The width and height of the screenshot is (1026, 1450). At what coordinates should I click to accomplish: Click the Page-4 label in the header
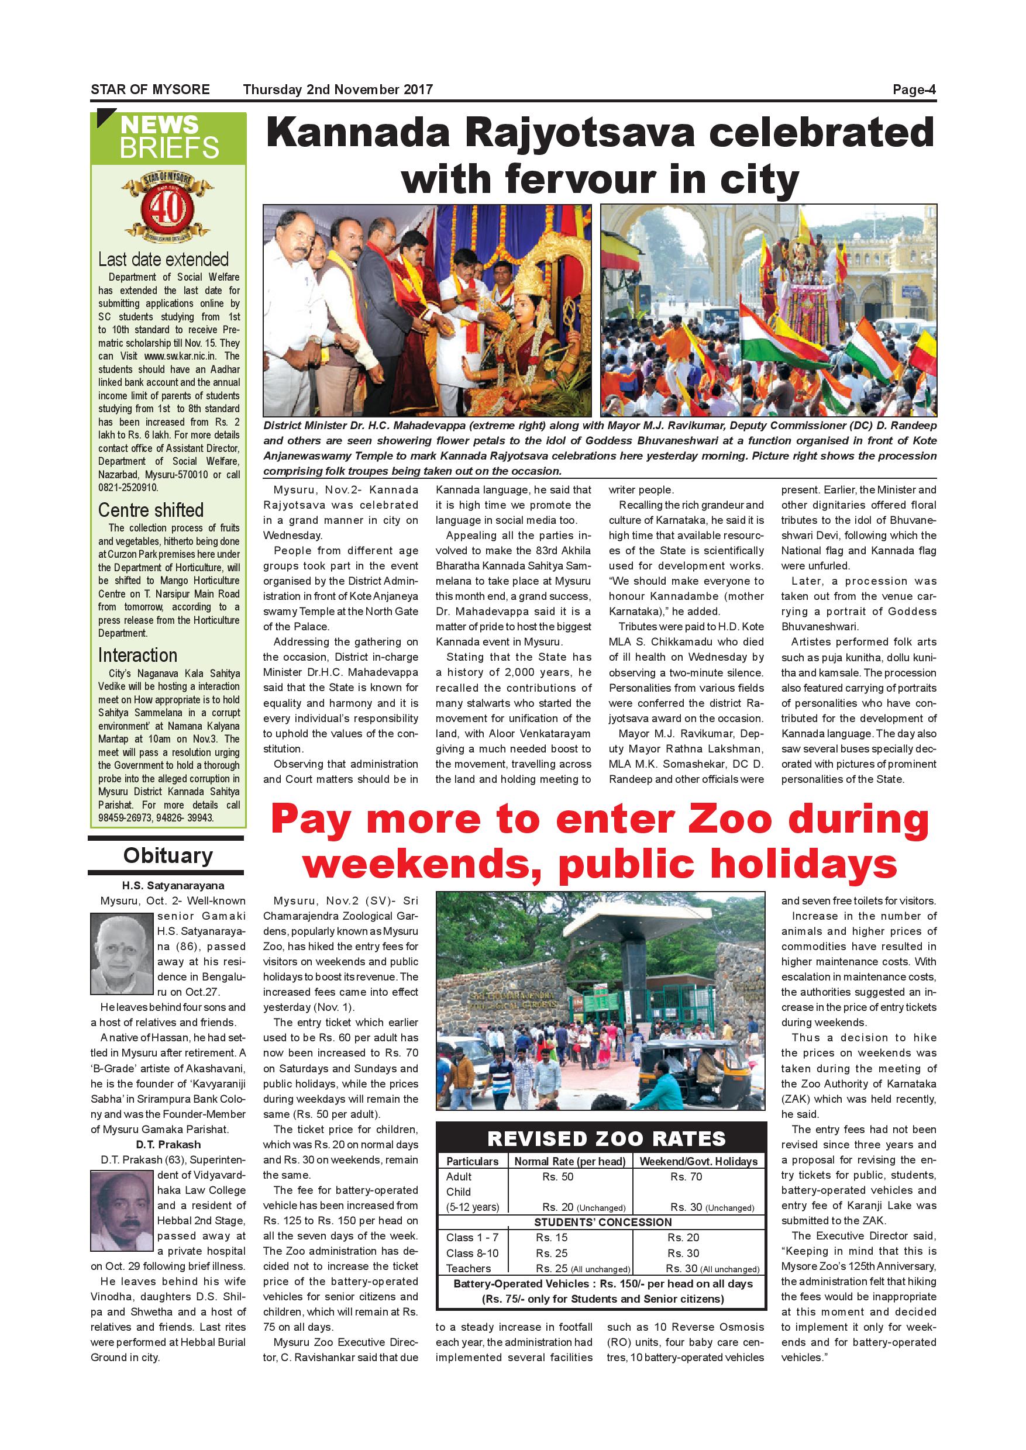click(914, 89)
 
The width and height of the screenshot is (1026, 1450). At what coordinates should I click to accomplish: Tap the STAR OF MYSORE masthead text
click(150, 89)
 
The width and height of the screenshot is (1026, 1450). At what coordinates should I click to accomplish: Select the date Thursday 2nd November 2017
click(338, 89)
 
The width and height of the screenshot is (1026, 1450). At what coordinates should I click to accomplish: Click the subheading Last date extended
click(163, 260)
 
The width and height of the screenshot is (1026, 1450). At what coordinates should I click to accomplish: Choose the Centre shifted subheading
click(150, 510)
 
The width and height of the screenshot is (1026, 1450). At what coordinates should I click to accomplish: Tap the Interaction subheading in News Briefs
click(137, 655)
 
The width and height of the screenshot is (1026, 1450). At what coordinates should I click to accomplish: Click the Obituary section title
click(167, 856)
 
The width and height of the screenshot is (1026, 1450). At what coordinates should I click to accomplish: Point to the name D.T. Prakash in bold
click(168, 1145)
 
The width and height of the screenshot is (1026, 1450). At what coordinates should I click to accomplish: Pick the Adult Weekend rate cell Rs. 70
click(686, 1176)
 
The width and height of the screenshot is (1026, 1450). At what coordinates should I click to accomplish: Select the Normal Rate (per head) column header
click(569, 1161)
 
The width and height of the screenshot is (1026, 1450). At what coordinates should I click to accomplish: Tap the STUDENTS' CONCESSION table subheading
click(602, 1223)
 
